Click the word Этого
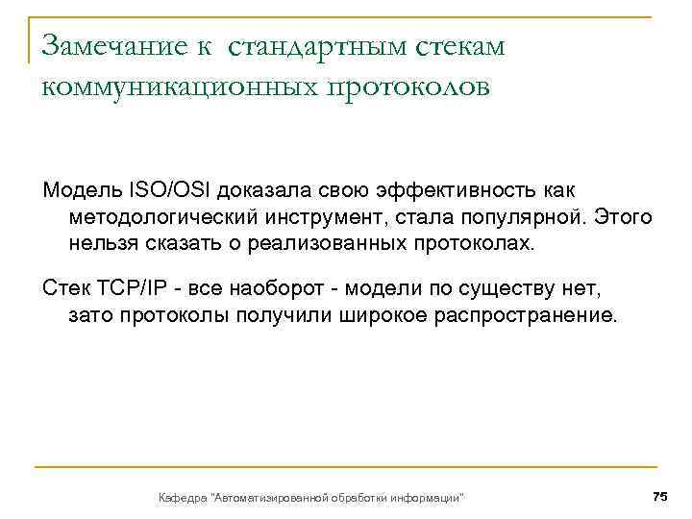tap(623, 219)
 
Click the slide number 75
tap(659, 496)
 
